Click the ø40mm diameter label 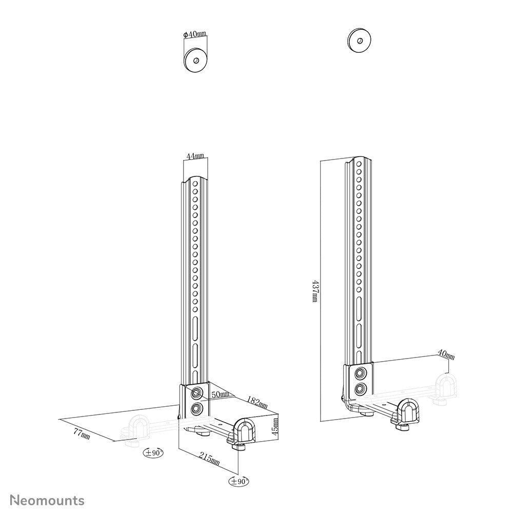pos(195,34)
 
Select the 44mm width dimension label pos(195,156)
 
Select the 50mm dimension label pos(219,394)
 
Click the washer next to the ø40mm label pos(195,61)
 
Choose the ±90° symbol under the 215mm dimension pos(239,481)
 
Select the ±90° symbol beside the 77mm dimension pos(153,452)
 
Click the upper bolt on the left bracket pos(197,392)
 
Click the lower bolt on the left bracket pos(197,408)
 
